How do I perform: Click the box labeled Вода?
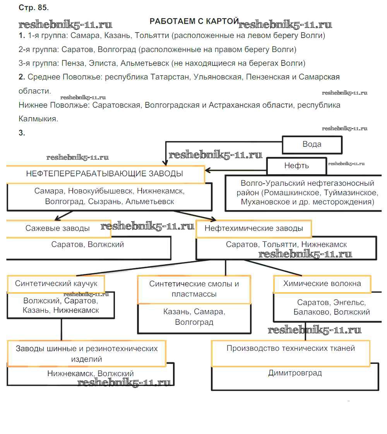pos(312,145)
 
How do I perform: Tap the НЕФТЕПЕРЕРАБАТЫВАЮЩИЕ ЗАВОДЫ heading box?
pos(104,174)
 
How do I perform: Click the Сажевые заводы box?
pos(58,228)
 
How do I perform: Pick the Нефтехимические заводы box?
pos(253,229)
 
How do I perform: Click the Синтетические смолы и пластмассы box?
pos(194,289)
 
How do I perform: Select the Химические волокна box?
pos(322,284)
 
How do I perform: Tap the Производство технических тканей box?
pos(291,348)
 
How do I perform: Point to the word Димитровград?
pos(295,373)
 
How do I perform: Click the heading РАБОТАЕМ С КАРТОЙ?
pos(194,21)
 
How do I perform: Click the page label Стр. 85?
pos(34,8)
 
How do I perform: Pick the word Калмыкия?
pos(38,119)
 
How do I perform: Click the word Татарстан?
pos(169,77)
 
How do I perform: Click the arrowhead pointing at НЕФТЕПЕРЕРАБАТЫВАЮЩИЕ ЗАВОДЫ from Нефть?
pos(208,170)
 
